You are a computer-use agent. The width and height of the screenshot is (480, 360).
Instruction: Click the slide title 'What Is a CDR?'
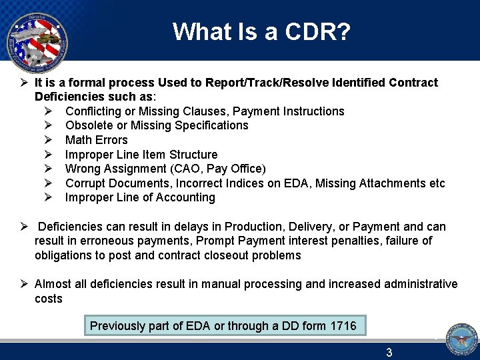click(261, 31)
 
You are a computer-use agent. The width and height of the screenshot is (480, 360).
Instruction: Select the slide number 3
click(389, 353)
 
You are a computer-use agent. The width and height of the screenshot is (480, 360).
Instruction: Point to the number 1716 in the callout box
click(341, 326)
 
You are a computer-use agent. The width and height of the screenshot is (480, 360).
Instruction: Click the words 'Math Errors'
click(96, 140)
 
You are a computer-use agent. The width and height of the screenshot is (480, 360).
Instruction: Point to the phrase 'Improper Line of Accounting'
click(140, 198)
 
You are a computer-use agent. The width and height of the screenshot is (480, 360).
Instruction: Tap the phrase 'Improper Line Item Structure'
click(141, 155)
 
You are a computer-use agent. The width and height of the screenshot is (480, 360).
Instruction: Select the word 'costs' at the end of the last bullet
click(48, 299)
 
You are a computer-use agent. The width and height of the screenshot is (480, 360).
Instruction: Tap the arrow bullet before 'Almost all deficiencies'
click(23, 284)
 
